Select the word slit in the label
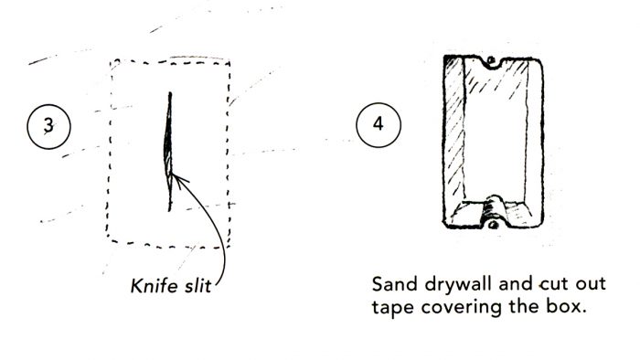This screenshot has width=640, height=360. click(x=196, y=288)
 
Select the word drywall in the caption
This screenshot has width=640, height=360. click(x=456, y=281)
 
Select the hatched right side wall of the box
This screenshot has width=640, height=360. click(x=530, y=137)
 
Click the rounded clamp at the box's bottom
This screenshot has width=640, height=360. click(x=493, y=202)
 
